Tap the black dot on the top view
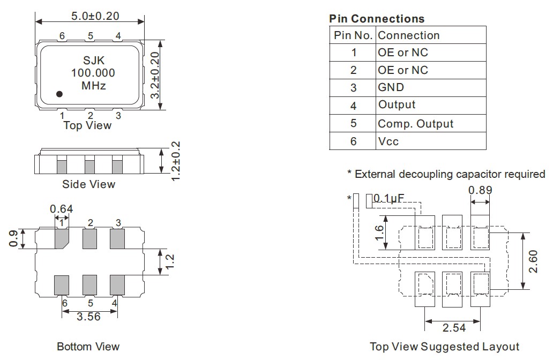click(59, 94)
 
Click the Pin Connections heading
click(377, 19)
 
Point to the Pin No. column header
click(353, 35)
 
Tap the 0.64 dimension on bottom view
click(61, 208)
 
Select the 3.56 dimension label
click(88, 317)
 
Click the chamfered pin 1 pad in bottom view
click(62, 238)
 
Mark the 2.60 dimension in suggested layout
click(534, 261)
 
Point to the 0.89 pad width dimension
click(480, 190)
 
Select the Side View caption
click(89, 184)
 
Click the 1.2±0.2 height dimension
click(175, 161)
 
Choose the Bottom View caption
click(88, 347)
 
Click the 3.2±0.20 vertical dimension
click(155, 75)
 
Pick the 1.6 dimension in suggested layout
click(379, 232)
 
